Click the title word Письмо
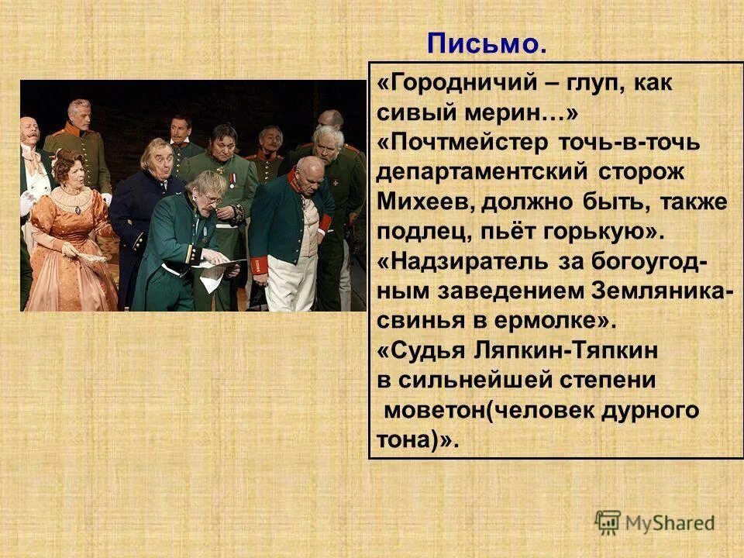[487, 44]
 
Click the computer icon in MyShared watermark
[608, 521]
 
